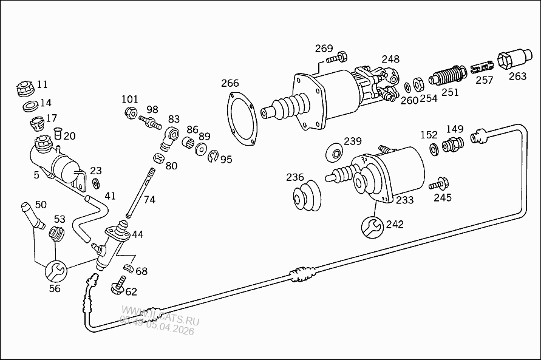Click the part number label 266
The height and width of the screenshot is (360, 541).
click(x=230, y=83)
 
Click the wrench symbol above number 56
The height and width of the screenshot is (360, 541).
click(x=55, y=270)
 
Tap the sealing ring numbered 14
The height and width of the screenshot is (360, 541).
click(x=29, y=107)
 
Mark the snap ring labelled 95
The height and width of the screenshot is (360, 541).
click(x=212, y=157)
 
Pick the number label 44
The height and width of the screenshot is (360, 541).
click(x=137, y=234)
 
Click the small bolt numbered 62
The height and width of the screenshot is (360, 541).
click(x=118, y=285)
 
